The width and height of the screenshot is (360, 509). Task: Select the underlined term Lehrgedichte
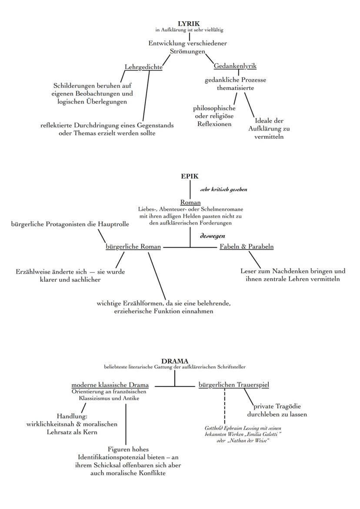tap(143, 67)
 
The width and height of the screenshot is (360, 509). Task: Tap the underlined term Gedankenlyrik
tap(235, 66)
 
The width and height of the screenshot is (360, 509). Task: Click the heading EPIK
tap(190, 176)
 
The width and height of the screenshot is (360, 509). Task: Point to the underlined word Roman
tap(190, 202)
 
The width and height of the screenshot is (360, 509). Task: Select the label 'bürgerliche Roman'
tap(133, 247)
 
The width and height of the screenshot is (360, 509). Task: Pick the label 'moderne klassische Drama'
tap(110, 385)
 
